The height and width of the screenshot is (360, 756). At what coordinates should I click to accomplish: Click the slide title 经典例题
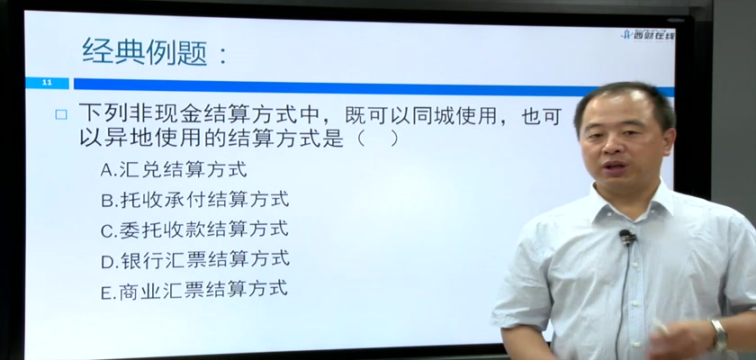coord(145,51)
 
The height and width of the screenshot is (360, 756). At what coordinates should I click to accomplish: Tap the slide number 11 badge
coord(47,83)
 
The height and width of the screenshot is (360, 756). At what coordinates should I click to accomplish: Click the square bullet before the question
coord(61,114)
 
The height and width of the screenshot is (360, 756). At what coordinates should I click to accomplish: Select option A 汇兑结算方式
coord(173,169)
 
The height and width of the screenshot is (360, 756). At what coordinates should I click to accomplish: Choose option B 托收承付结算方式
coord(194,200)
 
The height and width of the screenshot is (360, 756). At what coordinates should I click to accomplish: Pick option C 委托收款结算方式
coord(194,229)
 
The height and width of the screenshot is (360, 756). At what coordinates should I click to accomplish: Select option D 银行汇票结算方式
coord(195,259)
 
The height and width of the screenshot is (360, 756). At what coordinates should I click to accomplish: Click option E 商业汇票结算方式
coord(193,289)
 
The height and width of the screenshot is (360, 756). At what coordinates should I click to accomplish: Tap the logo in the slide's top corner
coord(647,34)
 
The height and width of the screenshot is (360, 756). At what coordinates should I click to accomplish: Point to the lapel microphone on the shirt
coord(626,237)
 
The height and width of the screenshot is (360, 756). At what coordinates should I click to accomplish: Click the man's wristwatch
coord(719,335)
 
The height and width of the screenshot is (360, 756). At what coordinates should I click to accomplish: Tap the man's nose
coord(616,145)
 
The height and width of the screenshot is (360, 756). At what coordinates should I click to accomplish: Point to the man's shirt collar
coord(631,202)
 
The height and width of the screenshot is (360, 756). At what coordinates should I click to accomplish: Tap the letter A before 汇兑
coord(106,170)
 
